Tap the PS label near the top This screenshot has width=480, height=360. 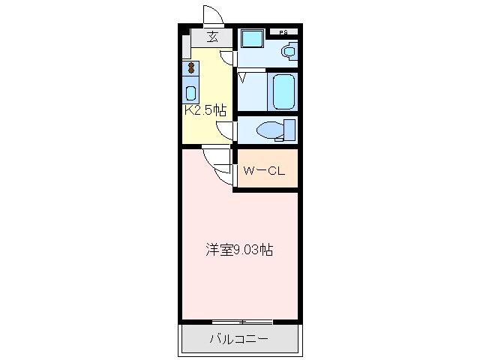pyautogui.click(x=284, y=32)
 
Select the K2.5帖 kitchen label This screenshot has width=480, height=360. pyautogui.click(x=205, y=109)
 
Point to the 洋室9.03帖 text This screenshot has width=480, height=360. pyautogui.click(x=239, y=249)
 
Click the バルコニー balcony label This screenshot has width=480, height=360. pyautogui.click(x=238, y=340)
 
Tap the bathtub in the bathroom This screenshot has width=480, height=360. pyautogui.click(x=283, y=91)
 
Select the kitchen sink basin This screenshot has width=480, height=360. pyautogui.click(x=191, y=94)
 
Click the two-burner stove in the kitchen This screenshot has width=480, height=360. pyautogui.click(x=191, y=69)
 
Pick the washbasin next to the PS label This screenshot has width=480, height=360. pyautogui.click(x=286, y=51)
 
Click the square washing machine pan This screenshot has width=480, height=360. pyautogui.click(x=250, y=40)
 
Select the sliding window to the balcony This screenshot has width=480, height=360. pyautogui.click(x=242, y=322)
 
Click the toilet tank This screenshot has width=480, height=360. pyautogui.click(x=289, y=130)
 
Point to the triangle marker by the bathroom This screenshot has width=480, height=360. pyautogui.click(x=242, y=77)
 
